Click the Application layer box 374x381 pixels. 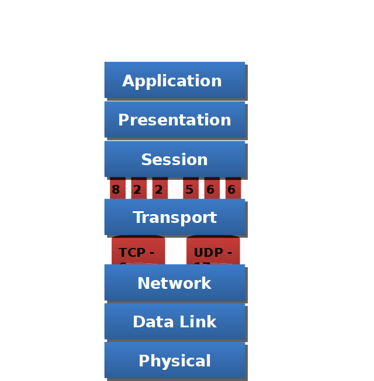(x=174, y=80)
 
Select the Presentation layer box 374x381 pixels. (x=174, y=120)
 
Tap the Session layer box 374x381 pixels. (x=174, y=159)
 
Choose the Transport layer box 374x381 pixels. (x=174, y=217)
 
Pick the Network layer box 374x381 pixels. (x=174, y=283)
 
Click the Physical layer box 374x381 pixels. (x=174, y=361)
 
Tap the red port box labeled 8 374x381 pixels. (x=117, y=189)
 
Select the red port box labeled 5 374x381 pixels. (x=190, y=189)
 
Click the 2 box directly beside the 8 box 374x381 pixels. (x=138, y=189)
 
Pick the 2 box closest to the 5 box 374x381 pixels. (x=159, y=189)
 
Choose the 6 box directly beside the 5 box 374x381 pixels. (x=212, y=189)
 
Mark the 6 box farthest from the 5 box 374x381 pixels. (x=233, y=189)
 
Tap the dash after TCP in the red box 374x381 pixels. (x=152, y=253)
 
